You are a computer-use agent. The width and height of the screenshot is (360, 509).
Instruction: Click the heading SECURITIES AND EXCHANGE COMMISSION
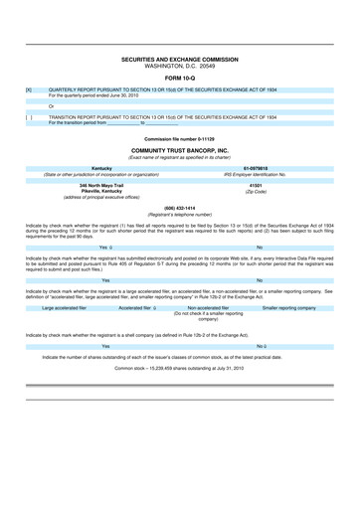pos(180,60)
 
